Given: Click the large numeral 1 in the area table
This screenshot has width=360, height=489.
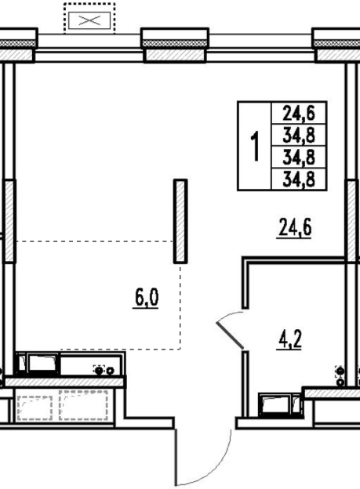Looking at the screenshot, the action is coord(256,147).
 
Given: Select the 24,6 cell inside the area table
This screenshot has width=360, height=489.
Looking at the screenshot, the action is coord(299,113).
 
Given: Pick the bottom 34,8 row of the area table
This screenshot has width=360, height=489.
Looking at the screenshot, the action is coord(299,179).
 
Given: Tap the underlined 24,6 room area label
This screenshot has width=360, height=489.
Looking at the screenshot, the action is coord(295,228).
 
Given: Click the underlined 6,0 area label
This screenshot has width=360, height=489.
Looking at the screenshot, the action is coord(146,298).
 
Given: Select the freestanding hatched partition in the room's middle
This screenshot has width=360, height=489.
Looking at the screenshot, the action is coord(180,221).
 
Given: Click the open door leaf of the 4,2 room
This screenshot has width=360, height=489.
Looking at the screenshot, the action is coord(230,335).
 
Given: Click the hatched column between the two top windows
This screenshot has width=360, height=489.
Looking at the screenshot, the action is coord(175,55).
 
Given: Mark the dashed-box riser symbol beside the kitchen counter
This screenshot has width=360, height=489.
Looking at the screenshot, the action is coord(99,371).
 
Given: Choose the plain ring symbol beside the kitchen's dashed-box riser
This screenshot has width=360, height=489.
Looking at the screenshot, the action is coord(111,371).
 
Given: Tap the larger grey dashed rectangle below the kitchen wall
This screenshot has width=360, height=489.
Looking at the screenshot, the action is coord(84,405).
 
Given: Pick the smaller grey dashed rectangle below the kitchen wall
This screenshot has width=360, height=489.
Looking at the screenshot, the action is coord(35,408).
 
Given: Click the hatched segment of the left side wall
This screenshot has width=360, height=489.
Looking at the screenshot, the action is coord(9,221).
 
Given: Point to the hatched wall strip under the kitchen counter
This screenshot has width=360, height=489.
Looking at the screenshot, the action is coord(66,382).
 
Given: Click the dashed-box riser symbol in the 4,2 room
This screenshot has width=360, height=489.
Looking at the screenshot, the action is coord(340,371).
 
